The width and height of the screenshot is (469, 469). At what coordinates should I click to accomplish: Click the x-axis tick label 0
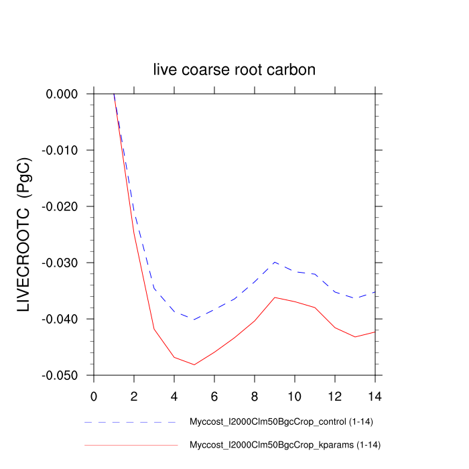click(94, 395)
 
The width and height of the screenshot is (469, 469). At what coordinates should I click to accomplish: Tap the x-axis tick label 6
click(214, 395)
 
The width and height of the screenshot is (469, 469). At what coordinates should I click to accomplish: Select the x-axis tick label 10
click(295, 395)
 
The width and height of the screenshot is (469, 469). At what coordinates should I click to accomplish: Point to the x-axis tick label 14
click(375, 395)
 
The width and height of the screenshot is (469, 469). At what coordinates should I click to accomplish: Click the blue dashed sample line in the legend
click(131, 423)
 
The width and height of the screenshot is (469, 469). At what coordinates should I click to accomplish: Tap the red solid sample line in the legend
click(131, 445)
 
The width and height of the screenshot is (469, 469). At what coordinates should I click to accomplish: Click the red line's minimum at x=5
click(194, 364)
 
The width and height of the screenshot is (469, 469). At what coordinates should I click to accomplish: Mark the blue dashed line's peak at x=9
click(275, 263)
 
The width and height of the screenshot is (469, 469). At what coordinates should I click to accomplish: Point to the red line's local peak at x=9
click(275, 297)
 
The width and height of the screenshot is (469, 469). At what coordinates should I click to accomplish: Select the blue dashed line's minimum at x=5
click(194, 320)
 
